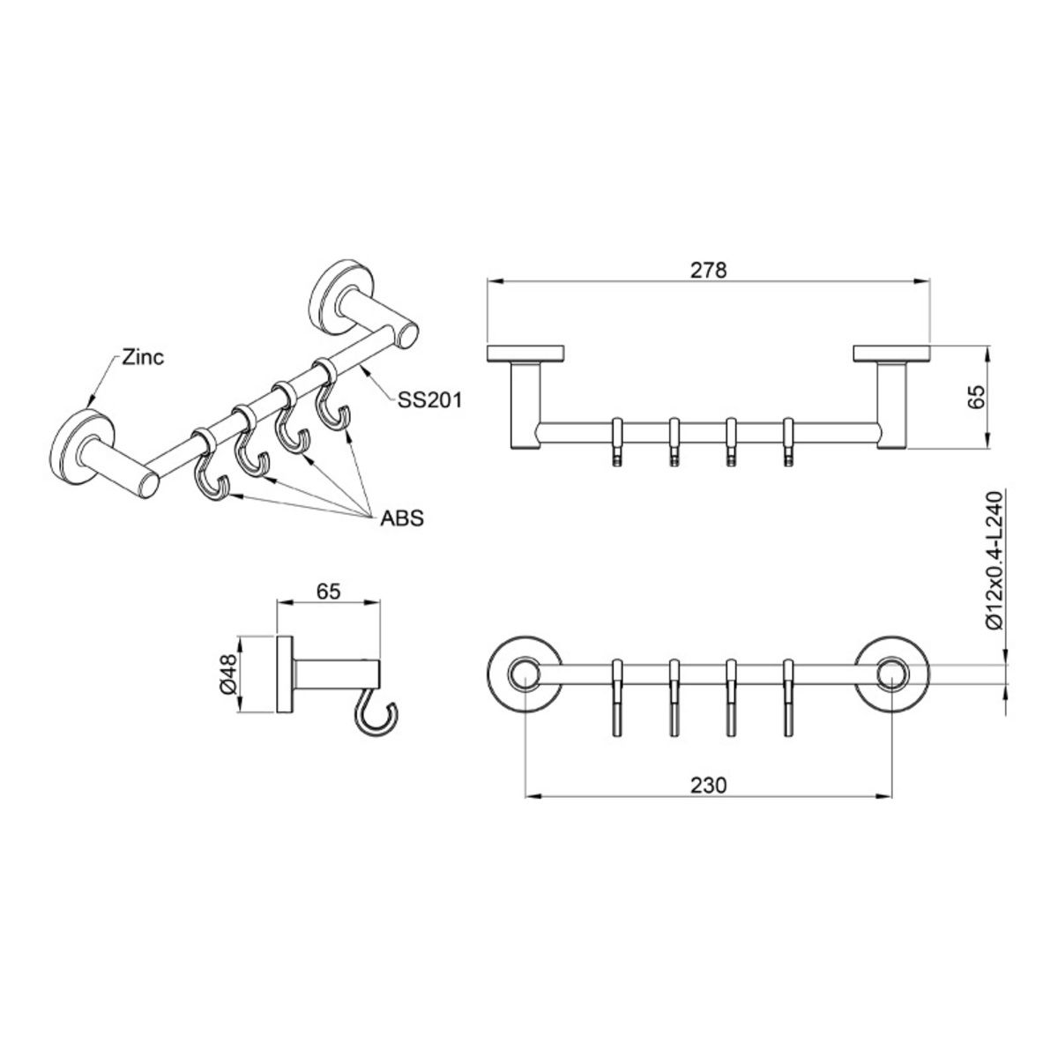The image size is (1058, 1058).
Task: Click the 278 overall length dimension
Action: pyautogui.click(x=708, y=270)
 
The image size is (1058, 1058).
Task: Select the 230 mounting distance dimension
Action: pyautogui.click(x=708, y=786)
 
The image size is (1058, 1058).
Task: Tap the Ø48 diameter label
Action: pyautogui.click(x=229, y=674)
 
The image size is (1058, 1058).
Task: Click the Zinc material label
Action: pyautogui.click(x=143, y=357)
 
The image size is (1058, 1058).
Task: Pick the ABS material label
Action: pyautogui.click(x=402, y=518)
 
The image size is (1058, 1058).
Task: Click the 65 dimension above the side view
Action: pyautogui.click(x=328, y=592)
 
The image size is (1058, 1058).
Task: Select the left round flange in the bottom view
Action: pyautogui.click(x=525, y=674)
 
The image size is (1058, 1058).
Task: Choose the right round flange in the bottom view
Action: pyautogui.click(x=891, y=674)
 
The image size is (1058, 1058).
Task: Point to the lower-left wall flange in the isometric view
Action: pyautogui.click(x=83, y=446)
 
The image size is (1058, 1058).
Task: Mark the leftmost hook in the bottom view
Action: pyautogui.click(x=617, y=697)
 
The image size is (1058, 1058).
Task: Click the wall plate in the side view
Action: pyautogui.click(x=285, y=674)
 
